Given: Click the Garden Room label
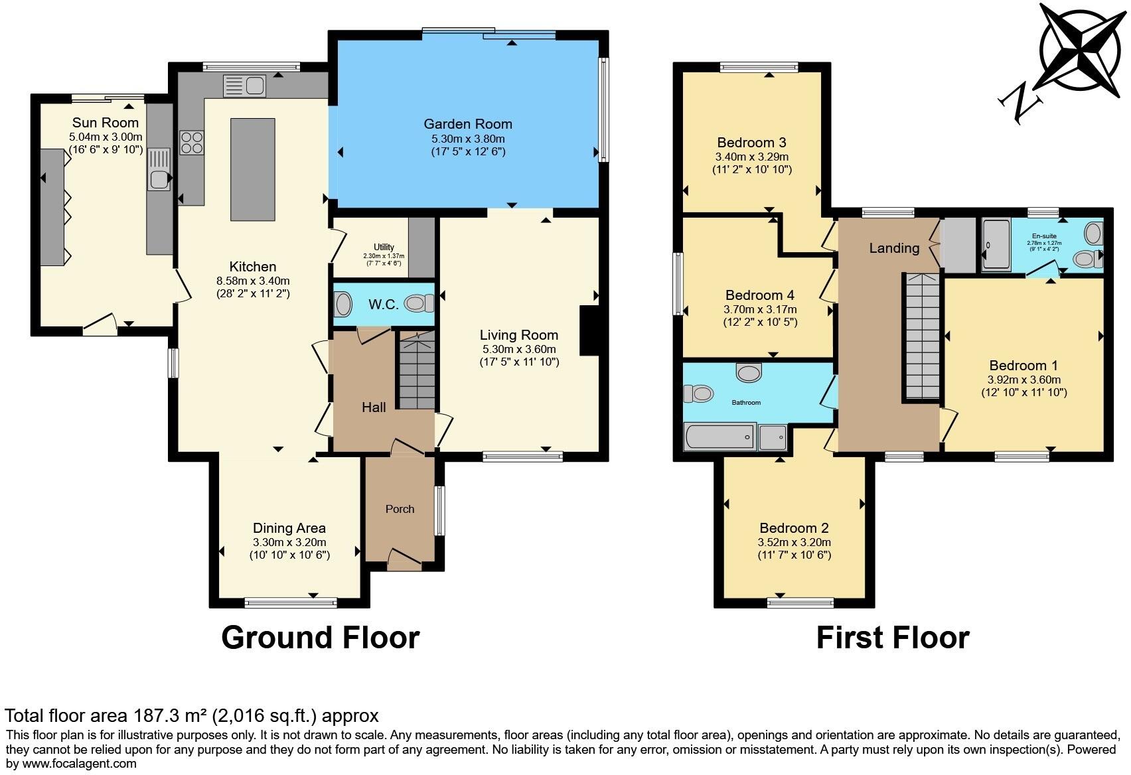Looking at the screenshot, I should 468,124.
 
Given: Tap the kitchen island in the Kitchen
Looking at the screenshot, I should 252,169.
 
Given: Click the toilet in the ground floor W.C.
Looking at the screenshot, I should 418,304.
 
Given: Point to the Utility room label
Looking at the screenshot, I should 384,247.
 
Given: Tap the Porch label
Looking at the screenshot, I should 400,509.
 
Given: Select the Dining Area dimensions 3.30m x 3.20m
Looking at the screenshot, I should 289,542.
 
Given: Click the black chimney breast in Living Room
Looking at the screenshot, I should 589,330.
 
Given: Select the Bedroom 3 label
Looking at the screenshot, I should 751,143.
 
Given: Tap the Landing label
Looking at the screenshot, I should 894,248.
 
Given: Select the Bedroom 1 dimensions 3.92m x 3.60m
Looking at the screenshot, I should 1023,380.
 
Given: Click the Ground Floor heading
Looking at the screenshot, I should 320,637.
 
